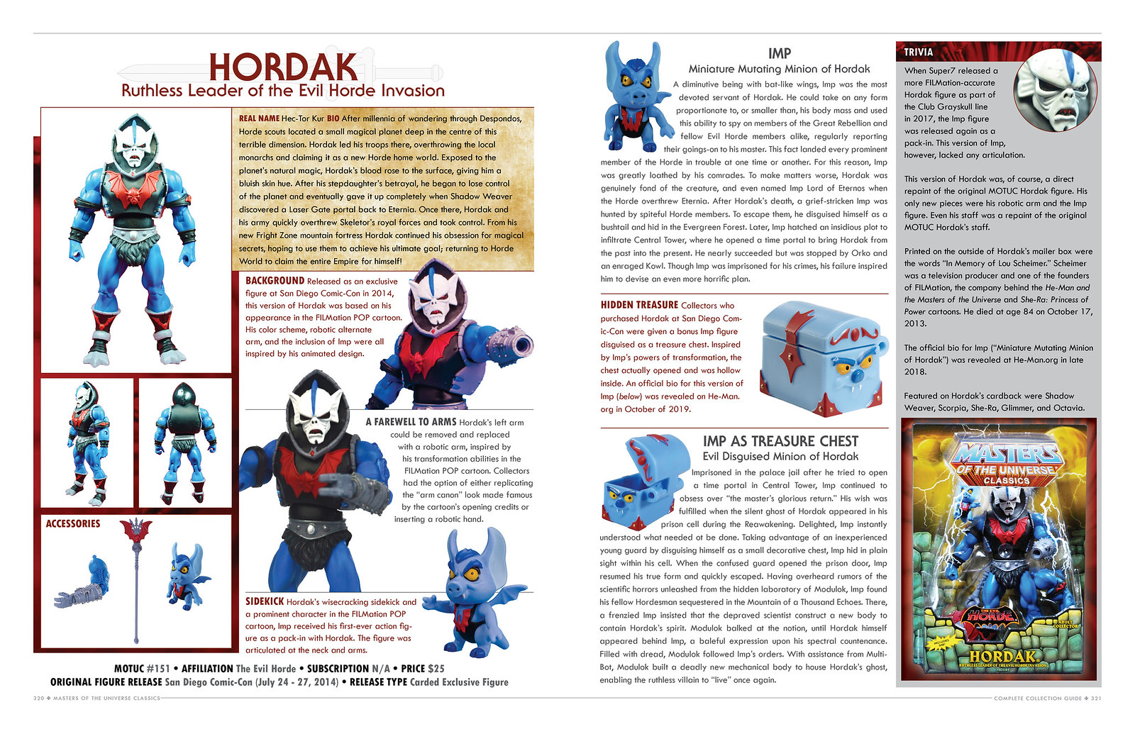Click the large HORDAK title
pyautogui.click(x=283, y=67)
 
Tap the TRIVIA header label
pyautogui.click(x=918, y=52)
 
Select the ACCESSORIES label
pyautogui.click(x=73, y=523)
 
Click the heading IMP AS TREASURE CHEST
pyautogui.click(x=780, y=441)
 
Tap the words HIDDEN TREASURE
pyautogui.click(x=639, y=305)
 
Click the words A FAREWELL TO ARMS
pyautogui.click(x=411, y=422)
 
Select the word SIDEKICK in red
pyautogui.click(x=264, y=601)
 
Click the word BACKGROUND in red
pyautogui.click(x=275, y=281)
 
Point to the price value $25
pyautogui.click(x=436, y=668)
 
